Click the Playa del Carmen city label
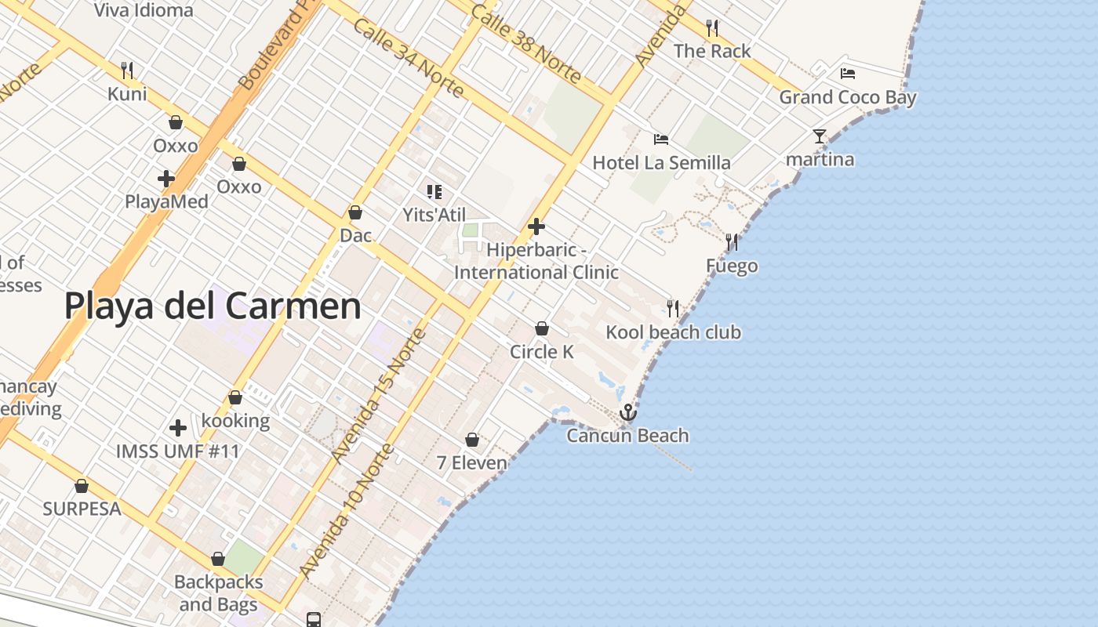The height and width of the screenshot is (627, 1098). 213,306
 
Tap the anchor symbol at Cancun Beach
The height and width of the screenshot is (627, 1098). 627,412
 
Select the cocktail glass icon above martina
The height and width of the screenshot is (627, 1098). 820,136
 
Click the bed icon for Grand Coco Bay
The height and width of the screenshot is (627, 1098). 847,74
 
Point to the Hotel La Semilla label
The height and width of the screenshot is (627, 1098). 661,163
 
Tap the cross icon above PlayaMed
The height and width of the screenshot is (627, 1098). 166,179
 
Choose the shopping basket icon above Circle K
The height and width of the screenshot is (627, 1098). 541,328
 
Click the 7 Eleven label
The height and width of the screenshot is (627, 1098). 472,463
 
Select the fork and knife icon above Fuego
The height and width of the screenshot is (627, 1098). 732,242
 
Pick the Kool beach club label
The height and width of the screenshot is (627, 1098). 673,332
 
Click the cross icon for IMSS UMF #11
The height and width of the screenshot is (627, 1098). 178,428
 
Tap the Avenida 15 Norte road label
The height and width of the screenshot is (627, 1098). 378,395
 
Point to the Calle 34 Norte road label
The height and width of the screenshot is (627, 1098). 408,57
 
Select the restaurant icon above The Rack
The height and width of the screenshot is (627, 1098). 712,28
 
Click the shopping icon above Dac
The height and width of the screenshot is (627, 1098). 355,212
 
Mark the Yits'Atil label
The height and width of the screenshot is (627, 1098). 434,215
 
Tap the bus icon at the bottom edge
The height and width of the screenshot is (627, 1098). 314,620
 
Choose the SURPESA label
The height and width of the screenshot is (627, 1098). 82,509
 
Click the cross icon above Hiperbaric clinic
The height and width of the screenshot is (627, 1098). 536,227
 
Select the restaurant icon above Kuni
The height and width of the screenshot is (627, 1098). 127,71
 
